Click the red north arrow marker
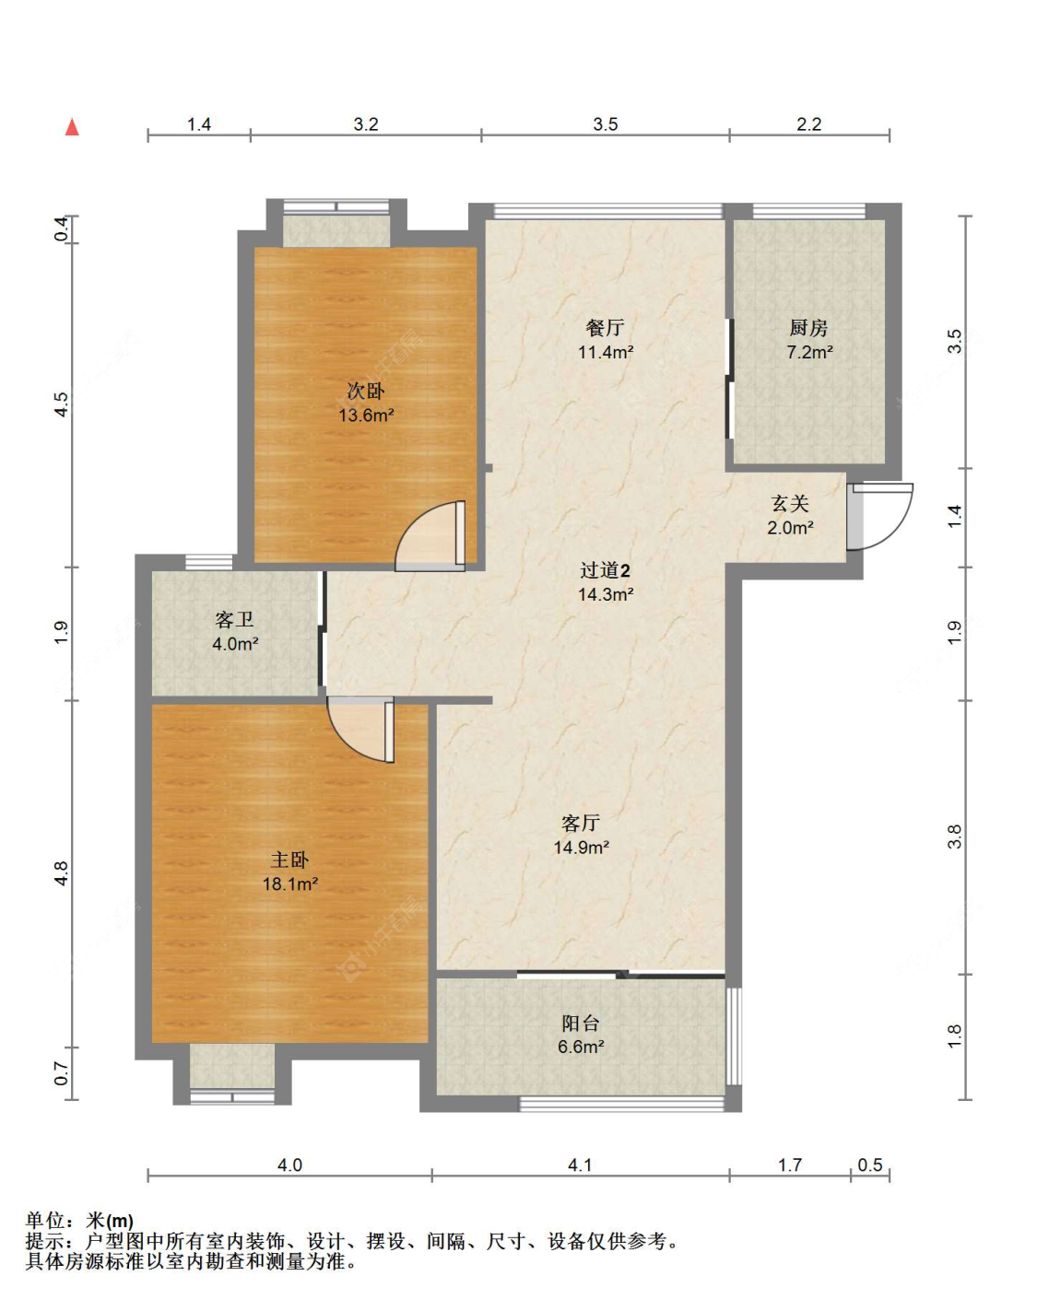(72, 127)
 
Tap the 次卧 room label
(366, 392)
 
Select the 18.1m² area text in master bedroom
(289, 884)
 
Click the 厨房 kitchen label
(808, 328)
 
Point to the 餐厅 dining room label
(605, 328)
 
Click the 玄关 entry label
(790, 504)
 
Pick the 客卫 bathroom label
(234, 620)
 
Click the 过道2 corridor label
(605, 571)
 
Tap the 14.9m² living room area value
(581, 848)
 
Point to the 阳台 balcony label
(581, 1024)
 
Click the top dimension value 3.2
(366, 124)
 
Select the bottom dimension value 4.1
(580, 1165)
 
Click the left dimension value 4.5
(61, 404)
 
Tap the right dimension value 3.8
(955, 837)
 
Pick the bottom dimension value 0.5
(870, 1165)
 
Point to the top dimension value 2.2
(808, 124)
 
